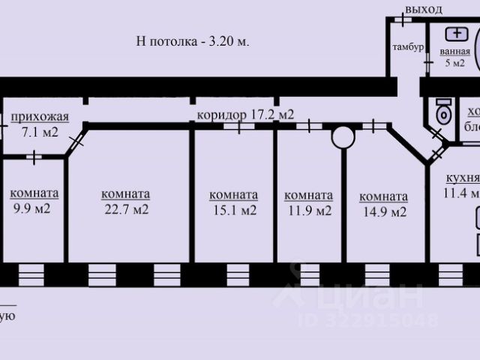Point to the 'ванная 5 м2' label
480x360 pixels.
pos(455,57)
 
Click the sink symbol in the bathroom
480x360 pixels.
pos(456,34)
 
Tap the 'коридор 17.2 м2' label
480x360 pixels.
pos(244,115)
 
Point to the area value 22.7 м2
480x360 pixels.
pos(125,209)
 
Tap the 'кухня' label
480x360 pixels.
pos(460,178)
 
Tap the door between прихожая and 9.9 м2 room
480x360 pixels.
pos(35,157)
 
